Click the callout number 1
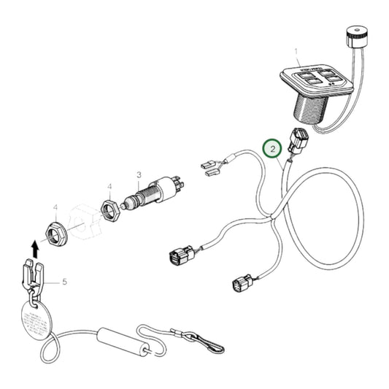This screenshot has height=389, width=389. coord(296,52)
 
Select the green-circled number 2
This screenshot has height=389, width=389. coord(271,150)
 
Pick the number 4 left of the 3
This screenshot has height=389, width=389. coord(109,186)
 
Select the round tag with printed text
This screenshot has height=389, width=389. coord(34,320)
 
